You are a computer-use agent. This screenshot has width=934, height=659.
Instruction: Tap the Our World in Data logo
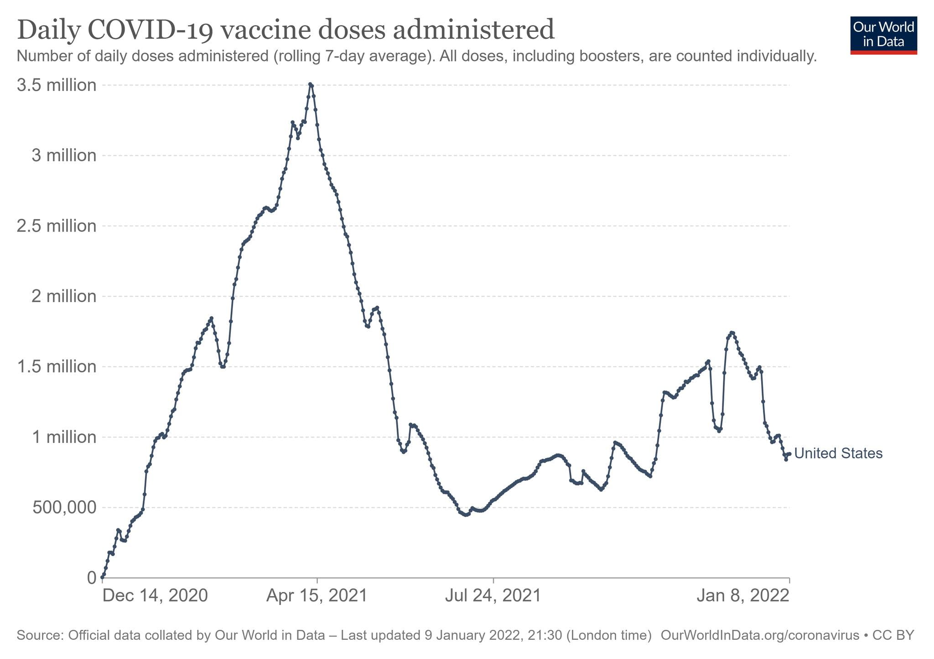(x=883, y=35)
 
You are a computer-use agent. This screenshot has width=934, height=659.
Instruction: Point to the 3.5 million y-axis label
(x=57, y=85)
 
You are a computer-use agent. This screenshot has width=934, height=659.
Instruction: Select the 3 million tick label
(x=64, y=156)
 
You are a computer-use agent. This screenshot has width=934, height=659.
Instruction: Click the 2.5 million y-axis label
(x=57, y=226)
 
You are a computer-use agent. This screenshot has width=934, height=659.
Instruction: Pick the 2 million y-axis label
(x=64, y=296)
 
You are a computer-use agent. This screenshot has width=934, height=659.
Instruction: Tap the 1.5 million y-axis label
(x=57, y=367)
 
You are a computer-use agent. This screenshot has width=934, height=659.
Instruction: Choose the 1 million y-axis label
(x=64, y=437)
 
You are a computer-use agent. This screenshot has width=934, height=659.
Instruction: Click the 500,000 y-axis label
(x=64, y=507)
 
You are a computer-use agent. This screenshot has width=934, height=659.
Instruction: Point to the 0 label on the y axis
(x=92, y=578)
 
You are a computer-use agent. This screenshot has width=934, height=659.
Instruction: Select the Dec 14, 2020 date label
(x=155, y=596)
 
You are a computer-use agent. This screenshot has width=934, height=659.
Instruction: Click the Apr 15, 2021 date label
(x=317, y=596)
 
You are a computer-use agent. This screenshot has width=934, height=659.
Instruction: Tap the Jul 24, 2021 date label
(x=493, y=596)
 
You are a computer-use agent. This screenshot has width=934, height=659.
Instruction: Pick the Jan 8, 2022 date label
(x=743, y=596)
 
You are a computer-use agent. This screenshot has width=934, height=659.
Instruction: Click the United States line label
(x=838, y=453)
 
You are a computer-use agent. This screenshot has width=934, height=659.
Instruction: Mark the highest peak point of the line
(x=310, y=84)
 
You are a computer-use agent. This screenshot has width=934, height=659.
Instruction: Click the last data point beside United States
(x=789, y=454)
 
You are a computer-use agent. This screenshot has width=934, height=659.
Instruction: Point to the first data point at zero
(x=102, y=577)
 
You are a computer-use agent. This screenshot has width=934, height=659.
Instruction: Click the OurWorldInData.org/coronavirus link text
(x=759, y=635)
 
